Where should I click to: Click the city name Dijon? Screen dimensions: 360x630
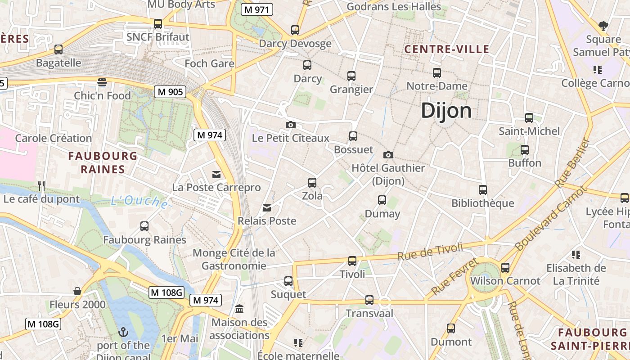(x=446, y=111)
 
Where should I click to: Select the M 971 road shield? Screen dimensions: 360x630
(x=257, y=9)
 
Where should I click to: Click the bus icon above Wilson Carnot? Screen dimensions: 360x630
(x=505, y=268)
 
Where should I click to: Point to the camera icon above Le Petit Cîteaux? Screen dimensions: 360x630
(x=291, y=125)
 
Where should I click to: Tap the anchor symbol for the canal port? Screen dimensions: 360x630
(x=123, y=332)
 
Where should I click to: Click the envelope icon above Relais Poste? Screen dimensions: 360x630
(x=267, y=207)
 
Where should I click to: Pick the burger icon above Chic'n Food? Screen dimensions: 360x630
(x=102, y=82)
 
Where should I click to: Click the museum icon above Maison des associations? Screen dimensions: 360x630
(x=239, y=309)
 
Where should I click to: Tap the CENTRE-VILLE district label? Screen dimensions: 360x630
(x=447, y=49)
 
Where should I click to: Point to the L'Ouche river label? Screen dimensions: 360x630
(x=139, y=202)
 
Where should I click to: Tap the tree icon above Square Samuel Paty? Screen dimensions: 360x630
(x=603, y=26)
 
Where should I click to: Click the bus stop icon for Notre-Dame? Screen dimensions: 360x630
(x=436, y=72)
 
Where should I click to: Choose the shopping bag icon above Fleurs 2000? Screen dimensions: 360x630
(x=77, y=291)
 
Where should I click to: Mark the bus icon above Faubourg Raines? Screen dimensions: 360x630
(x=144, y=226)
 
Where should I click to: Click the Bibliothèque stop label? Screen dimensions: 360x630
(x=482, y=203)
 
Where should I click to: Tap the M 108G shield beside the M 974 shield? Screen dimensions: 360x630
(x=166, y=292)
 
